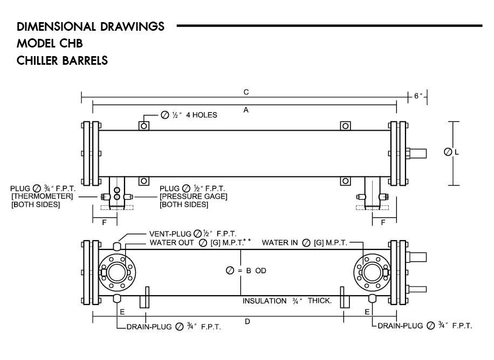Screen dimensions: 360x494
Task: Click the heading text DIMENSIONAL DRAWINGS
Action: [x=91, y=26]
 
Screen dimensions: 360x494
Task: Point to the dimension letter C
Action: [x=245, y=92]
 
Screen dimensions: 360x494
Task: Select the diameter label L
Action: [x=456, y=153]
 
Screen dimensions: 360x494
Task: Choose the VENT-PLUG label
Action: [x=170, y=234]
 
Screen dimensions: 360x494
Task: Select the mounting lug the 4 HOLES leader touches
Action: [x=144, y=126]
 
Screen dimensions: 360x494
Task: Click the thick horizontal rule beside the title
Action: [x=329, y=25]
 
